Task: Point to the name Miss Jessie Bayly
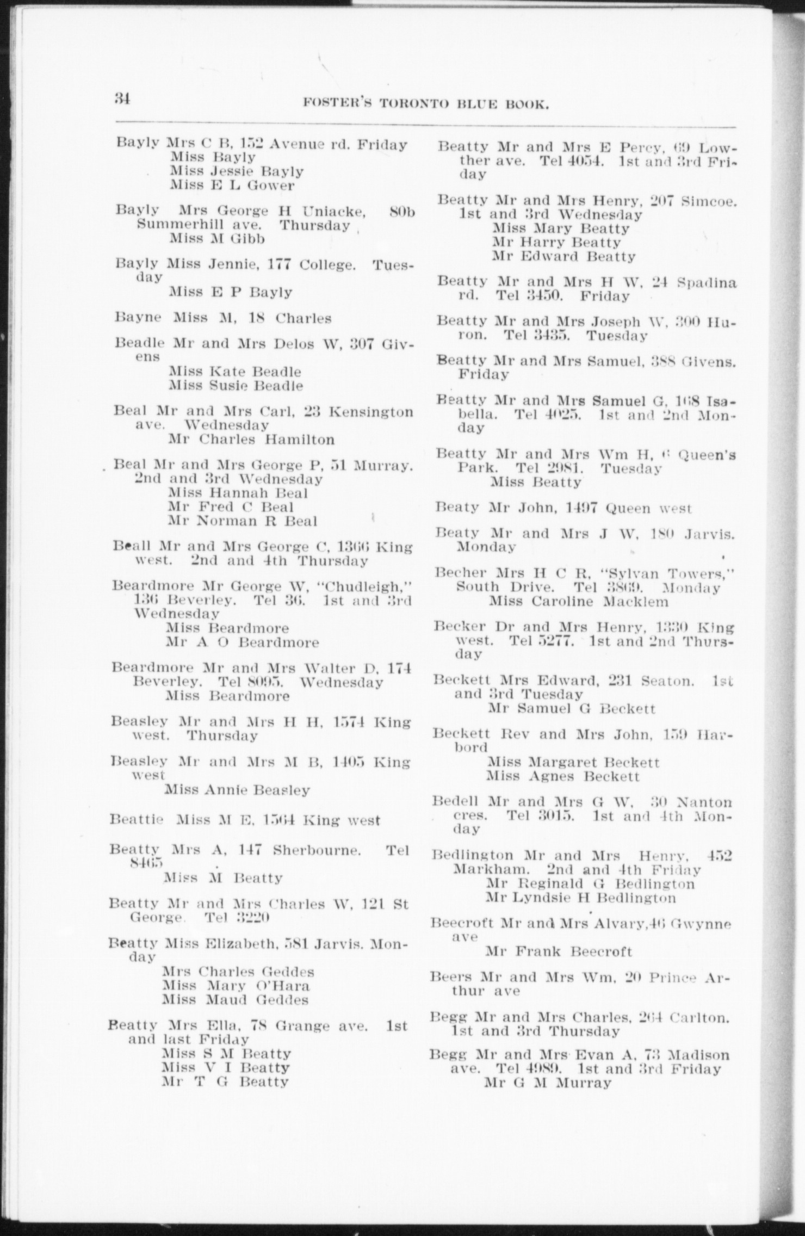coord(237,171)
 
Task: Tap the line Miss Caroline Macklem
coord(579,602)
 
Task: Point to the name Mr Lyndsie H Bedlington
coord(581,898)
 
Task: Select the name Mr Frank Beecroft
coord(559,951)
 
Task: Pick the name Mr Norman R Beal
coord(243,521)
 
